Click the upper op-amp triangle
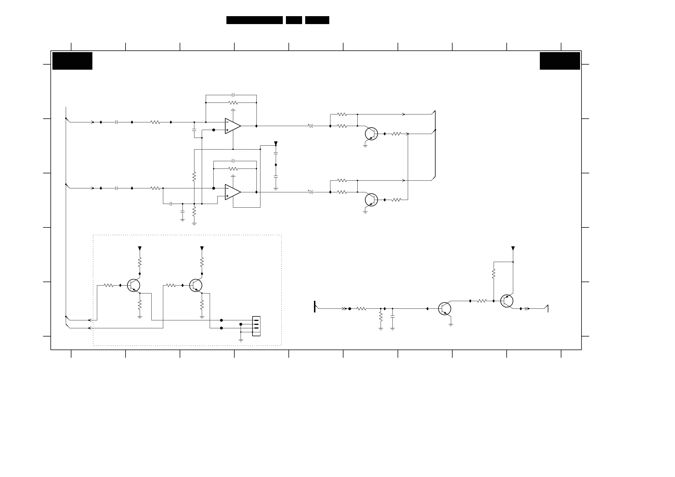[233, 126]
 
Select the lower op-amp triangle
[233, 192]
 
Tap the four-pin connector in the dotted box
[256, 326]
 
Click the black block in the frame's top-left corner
[72, 61]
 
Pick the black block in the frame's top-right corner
[559, 61]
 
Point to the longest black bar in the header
[254, 20]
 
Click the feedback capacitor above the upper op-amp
[233, 95]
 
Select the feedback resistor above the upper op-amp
[233, 103]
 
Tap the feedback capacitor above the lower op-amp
[233, 161]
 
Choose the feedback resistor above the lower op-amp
[233, 169]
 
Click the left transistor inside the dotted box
[133, 285]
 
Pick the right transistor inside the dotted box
[196, 285]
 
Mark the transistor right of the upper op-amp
[371, 134]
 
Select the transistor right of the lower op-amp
[371, 200]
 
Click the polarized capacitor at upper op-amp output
[311, 126]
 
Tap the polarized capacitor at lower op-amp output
[311, 192]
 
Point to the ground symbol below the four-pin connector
[241, 340]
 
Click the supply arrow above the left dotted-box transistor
[140, 248]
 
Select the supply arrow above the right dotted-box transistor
[202, 248]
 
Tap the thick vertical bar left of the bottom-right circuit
[315, 306]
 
